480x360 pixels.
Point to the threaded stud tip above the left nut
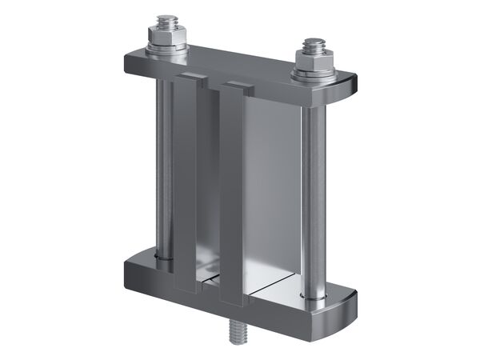[168, 19]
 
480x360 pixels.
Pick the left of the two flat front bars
[186, 184]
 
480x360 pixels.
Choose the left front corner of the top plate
[129, 64]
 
